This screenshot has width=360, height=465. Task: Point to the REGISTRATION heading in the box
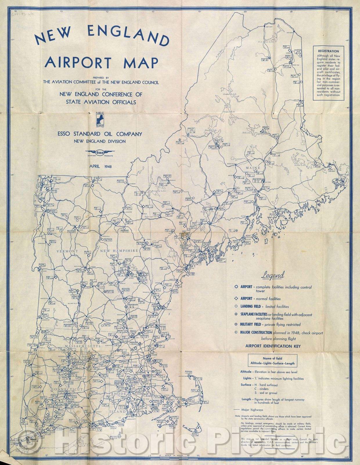[x=328, y=51]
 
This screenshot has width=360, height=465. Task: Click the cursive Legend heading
[x=273, y=275]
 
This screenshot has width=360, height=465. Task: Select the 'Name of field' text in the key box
[x=272, y=358]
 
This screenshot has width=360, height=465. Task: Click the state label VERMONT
[x=67, y=251]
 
